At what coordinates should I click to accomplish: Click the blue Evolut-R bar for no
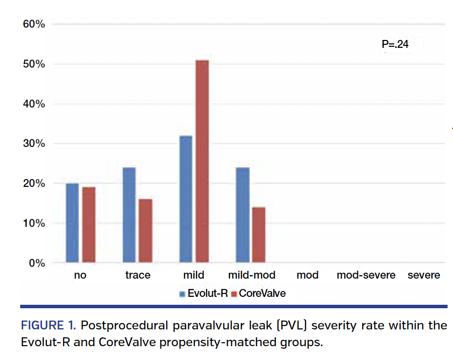[72, 223]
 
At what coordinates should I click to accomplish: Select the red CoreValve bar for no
[89, 225]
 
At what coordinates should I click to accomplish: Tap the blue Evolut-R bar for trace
[129, 215]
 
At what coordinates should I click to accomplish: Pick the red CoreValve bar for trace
[146, 231]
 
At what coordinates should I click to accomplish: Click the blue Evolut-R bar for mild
[186, 199]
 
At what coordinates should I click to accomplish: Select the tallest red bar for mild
[202, 161]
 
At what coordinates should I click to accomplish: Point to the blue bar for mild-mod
[242, 215]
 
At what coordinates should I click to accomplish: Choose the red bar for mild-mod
[259, 235]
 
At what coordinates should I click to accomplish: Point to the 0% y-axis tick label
[37, 263]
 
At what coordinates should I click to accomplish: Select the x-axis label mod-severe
[366, 275]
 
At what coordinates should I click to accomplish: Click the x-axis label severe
[423, 275]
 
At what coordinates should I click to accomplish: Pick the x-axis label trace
[138, 275]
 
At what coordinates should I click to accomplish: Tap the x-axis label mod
[307, 275]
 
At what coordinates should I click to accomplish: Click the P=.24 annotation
[395, 45]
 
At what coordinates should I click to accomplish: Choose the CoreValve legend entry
[262, 293]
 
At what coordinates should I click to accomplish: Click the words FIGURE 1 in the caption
[47, 326]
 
